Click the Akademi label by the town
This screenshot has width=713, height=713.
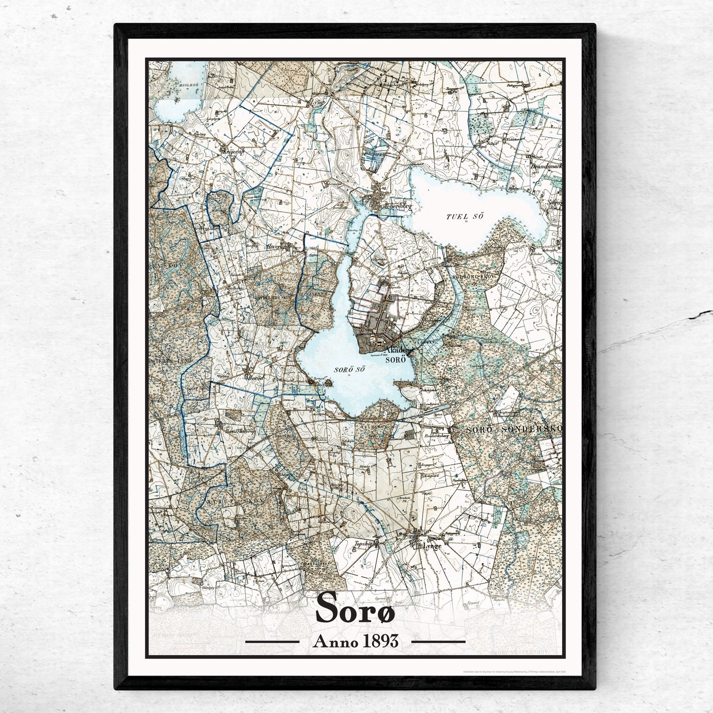pyautogui.click(x=399, y=349)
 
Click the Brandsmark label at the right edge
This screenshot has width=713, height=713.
pyautogui.click(x=546, y=166)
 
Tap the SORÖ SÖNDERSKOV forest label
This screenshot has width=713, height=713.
pyautogui.click(x=513, y=430)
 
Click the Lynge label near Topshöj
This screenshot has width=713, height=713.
pyautogui.click(x=432, y=546)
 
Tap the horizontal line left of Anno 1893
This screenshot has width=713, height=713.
pyautogui.click(x=272, y=642)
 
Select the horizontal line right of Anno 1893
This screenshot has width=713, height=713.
pyautogui.click(x=438, y=642)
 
